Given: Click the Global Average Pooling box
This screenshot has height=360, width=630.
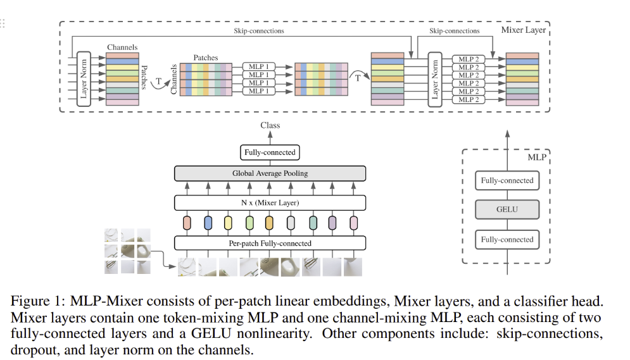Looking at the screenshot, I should [x=270, y=173].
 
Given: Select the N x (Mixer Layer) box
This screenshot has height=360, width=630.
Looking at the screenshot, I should [x=270, y=202].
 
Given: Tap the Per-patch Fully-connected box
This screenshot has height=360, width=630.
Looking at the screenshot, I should [x=270, y=242].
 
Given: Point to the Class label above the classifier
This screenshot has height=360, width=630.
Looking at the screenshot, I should [x=270, y=125].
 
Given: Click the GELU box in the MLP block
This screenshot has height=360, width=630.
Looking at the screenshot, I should [x=507, y=209].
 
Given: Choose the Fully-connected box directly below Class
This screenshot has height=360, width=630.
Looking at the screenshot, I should [x=270, y=152].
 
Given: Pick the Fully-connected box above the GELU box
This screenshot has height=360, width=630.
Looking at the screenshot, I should [x=507, y=180].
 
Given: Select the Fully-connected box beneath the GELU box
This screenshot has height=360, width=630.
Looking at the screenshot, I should [x=507, y=239].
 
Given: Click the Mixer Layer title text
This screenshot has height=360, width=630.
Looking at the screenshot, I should [x=522, y=30].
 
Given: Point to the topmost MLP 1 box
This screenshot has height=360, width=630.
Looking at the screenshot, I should [x=256, y=66].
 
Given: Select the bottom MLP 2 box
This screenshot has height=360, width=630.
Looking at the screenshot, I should [x=469, y=99].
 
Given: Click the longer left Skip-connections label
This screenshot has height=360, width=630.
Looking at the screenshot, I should [x=258, y=30].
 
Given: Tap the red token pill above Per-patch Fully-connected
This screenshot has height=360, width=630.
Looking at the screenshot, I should [x=187, y=223].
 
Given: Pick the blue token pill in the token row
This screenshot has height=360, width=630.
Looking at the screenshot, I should [x=208, y=223].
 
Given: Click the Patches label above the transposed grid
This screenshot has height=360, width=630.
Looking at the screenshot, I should [x=205, y=58].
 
